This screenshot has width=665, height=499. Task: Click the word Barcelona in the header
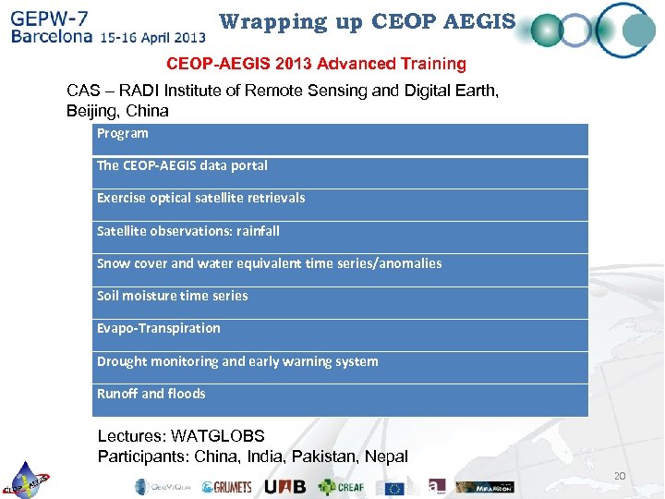52,38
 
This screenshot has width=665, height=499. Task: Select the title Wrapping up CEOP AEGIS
368,21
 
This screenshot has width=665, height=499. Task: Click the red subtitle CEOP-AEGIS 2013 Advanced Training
316,64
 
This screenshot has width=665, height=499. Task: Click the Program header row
341,139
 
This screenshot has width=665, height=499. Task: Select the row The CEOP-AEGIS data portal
341,171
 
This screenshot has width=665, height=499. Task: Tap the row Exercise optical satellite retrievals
341,203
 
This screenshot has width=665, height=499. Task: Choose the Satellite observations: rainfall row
341,236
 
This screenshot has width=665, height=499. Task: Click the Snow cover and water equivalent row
341,269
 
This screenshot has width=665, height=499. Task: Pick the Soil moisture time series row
341,301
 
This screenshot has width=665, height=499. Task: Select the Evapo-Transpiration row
341,334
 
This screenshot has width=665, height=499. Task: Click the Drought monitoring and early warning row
341,367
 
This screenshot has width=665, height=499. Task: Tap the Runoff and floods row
341,399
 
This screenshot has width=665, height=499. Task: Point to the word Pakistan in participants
319,456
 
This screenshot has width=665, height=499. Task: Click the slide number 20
620,476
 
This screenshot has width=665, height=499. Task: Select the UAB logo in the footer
284,487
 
